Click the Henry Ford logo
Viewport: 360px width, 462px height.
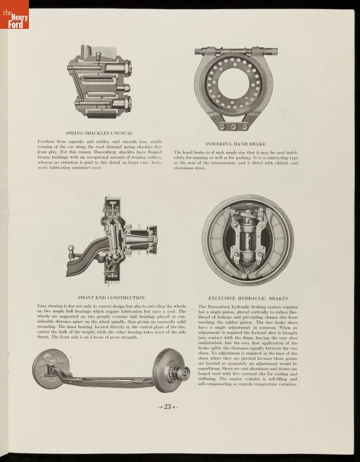14,14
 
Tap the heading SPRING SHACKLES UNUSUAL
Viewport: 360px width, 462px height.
99,133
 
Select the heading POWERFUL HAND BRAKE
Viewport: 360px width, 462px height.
236,143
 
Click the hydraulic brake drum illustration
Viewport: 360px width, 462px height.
248,240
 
